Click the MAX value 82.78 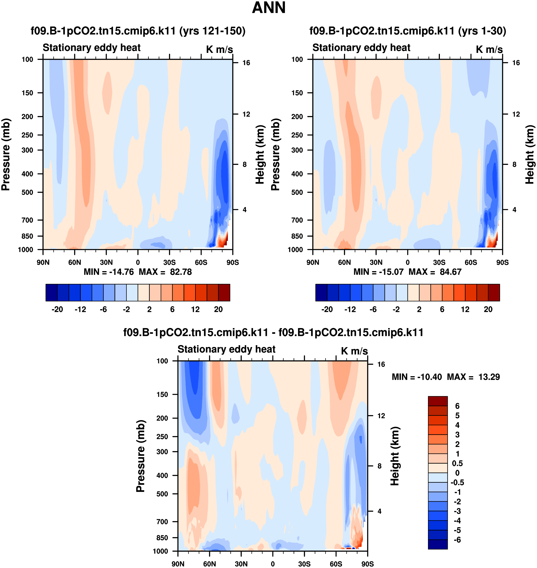[181, 272]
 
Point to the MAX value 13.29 [489, 377]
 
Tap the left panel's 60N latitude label [75, 262]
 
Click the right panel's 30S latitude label [439, 262]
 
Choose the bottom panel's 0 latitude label [273, 564]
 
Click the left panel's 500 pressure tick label [27, 192]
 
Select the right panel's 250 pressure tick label [297, 135]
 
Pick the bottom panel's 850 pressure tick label [162, 538]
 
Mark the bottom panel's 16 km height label [381, 364]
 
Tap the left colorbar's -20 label [57, 309]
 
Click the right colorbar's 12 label [465, 309]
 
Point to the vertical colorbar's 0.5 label [457, 463]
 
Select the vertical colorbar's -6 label [457, 540]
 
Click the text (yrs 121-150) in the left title [212, 31]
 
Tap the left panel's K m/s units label [219, 49]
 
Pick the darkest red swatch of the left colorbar [224, 293]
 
